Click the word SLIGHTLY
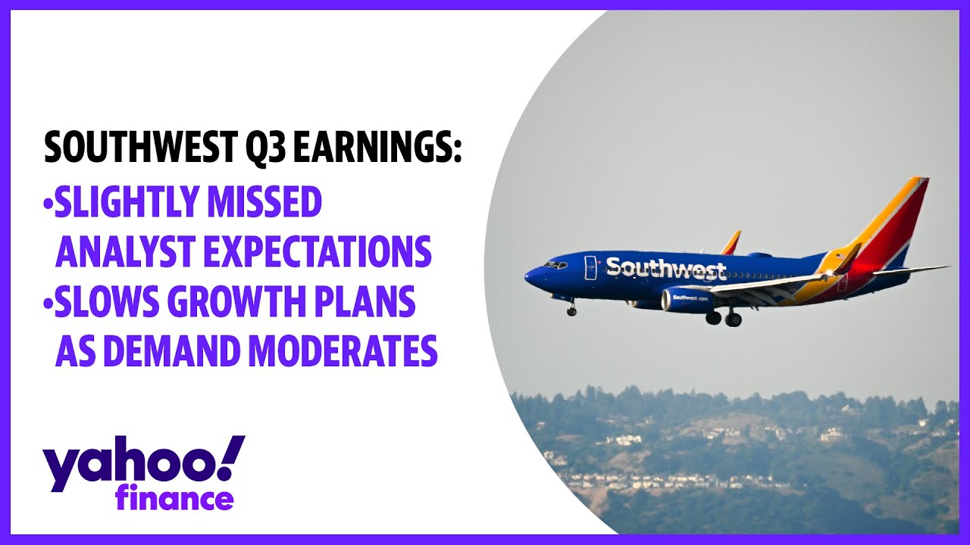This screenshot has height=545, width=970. point(127,201)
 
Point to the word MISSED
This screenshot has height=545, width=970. point(264,201)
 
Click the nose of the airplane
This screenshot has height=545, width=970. point(530,276)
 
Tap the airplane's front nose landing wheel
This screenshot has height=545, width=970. point(571,311)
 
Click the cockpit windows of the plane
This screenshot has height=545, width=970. point(555,264)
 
